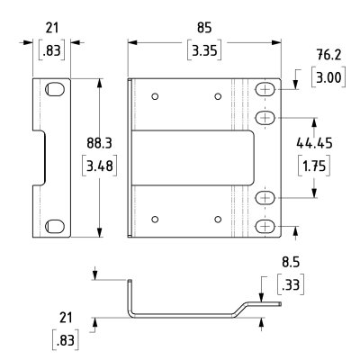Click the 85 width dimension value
coord(205,27)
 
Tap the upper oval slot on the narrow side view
coord(56,90)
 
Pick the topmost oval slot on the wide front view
coord(266,91)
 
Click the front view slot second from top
coord(266,117)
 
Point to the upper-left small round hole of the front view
coord(156,96)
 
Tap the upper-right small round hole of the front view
coord(218,96)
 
